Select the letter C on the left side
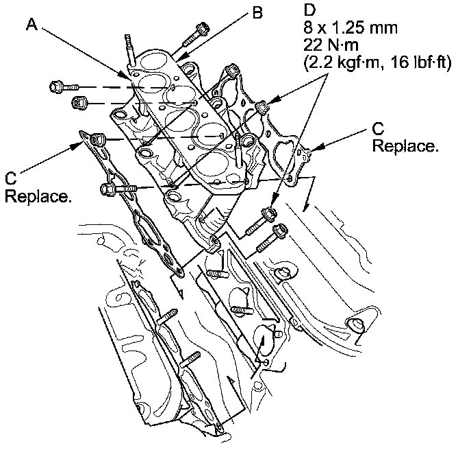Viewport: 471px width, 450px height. pyautogui.click(x=10, y=180)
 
